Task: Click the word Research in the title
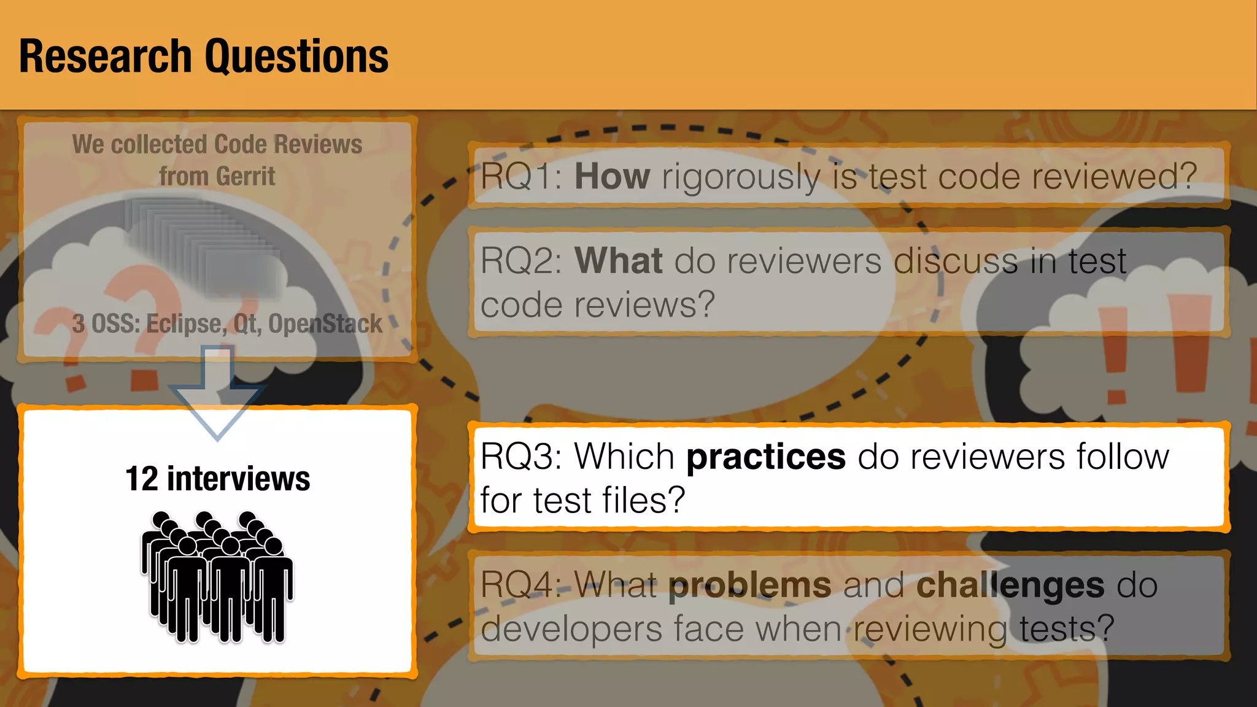[106, 56]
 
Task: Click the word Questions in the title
[296, 56]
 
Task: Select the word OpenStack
[325, 324]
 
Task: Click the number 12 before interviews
[142, 479]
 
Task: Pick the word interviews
[238, 479]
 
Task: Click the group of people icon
[217, 577]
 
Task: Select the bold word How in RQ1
[612, 177]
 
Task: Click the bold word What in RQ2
[618, 261]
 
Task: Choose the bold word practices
[765, 457]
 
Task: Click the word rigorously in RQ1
[740, 177]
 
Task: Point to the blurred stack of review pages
[205, 245]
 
